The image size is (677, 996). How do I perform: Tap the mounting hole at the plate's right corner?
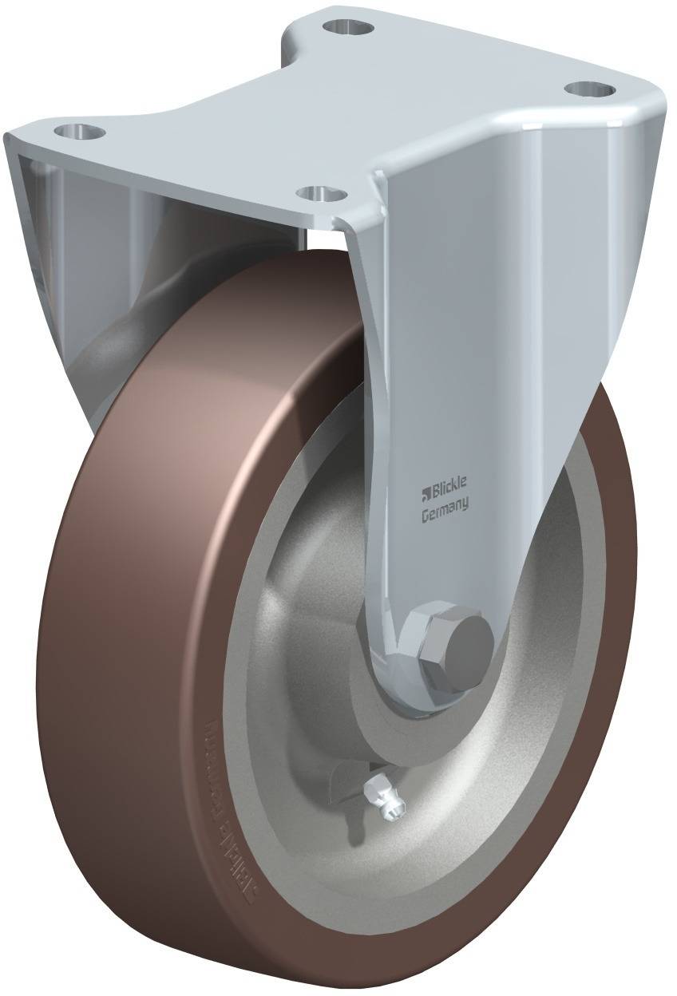point(592,88)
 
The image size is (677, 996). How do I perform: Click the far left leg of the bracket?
point(40,239)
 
